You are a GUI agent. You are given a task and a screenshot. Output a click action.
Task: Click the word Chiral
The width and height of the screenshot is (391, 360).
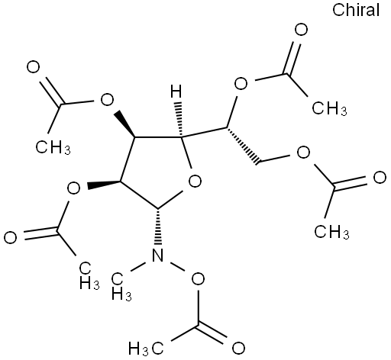click(356, 10)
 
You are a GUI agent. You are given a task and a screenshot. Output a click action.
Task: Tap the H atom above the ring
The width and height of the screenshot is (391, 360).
click(176, 92)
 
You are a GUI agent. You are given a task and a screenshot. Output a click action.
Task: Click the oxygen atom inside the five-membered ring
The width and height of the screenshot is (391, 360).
click(195, 182)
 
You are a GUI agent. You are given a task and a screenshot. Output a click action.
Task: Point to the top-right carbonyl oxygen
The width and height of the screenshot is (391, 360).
click(301, 30)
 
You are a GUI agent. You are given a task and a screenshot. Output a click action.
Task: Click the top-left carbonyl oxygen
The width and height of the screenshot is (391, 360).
click(34, 67)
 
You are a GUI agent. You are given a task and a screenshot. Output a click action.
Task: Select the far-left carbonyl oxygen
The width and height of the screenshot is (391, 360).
click(11, 237)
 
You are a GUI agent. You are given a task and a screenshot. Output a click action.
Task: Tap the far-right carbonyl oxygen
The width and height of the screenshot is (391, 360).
click(380, 178)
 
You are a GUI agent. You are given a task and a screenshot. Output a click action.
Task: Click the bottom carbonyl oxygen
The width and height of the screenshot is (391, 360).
click(238, 349)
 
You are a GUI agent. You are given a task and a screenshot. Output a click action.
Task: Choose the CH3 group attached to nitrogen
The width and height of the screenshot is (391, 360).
click(121, 287)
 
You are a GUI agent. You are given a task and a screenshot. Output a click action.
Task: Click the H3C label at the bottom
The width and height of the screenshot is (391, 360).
click(146, 349)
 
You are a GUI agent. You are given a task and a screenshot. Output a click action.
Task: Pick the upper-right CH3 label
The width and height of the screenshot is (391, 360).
click(329, 108)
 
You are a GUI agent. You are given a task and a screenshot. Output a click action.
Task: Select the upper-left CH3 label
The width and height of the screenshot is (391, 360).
click(53, 146)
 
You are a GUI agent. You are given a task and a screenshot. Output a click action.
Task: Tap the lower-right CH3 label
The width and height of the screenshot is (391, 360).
click(332, 232)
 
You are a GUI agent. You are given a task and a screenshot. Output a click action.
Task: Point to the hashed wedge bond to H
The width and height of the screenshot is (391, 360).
click(179, 120)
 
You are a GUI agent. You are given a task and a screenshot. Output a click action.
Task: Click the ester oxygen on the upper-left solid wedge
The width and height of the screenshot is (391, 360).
click(107, 101)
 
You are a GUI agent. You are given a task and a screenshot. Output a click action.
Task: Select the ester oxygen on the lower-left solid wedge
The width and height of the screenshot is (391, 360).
click(73, 188)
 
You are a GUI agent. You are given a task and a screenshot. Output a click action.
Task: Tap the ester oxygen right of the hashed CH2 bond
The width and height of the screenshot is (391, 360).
click(304, 153)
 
